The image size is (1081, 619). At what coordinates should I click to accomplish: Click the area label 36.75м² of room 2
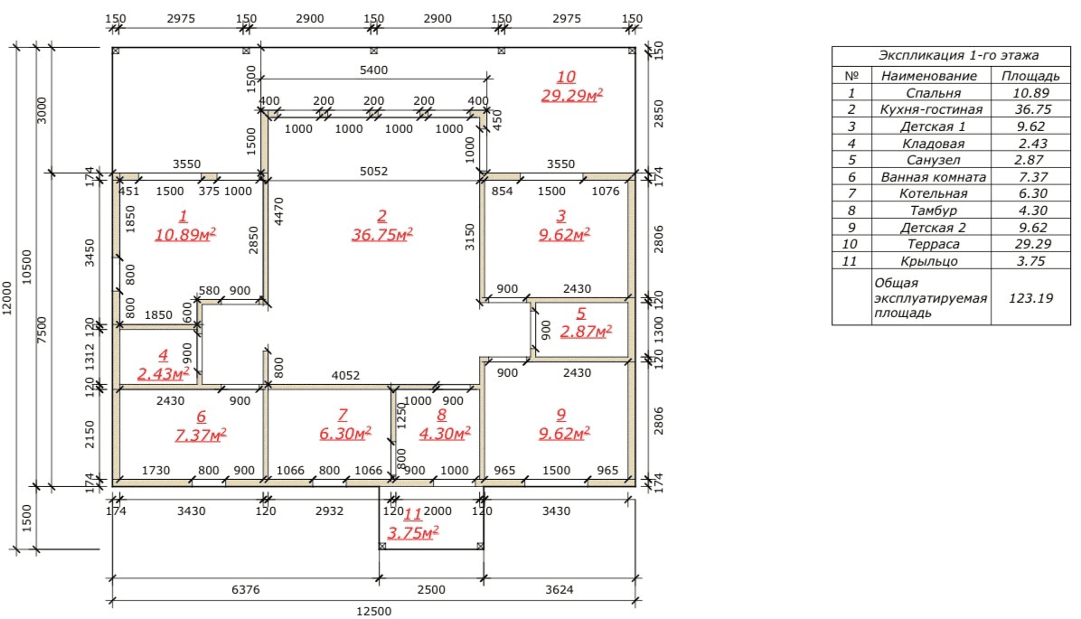[382, 234]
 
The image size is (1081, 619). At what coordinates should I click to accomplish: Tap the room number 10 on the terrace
[566, 77]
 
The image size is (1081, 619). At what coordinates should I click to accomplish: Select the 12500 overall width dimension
[373, 612]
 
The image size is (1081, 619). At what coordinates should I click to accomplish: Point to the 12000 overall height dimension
[7, 298]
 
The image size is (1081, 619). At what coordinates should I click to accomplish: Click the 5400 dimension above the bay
[373, 70]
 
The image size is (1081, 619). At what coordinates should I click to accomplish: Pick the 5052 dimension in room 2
[373, 171]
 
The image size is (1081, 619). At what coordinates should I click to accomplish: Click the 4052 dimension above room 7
[345, 376]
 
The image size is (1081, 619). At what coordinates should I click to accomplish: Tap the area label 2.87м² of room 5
[586, 332]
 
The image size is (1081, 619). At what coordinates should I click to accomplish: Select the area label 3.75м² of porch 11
[413, 533]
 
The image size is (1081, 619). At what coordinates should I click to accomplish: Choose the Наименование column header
[928, 76]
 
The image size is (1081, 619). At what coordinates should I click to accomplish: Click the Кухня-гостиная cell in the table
[931, 109]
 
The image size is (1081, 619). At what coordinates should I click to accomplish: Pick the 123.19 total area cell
[1030, 298]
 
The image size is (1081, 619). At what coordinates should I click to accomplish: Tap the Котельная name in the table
[933, 193]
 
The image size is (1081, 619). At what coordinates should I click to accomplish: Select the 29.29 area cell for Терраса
[1032, 244]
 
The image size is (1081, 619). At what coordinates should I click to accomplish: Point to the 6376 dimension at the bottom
[246, 590]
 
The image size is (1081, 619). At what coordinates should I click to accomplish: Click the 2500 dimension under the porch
[431, 590]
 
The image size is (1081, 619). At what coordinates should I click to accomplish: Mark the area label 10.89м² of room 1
[185, 234]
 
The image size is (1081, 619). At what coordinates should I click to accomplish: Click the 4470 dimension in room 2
[279, 211]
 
